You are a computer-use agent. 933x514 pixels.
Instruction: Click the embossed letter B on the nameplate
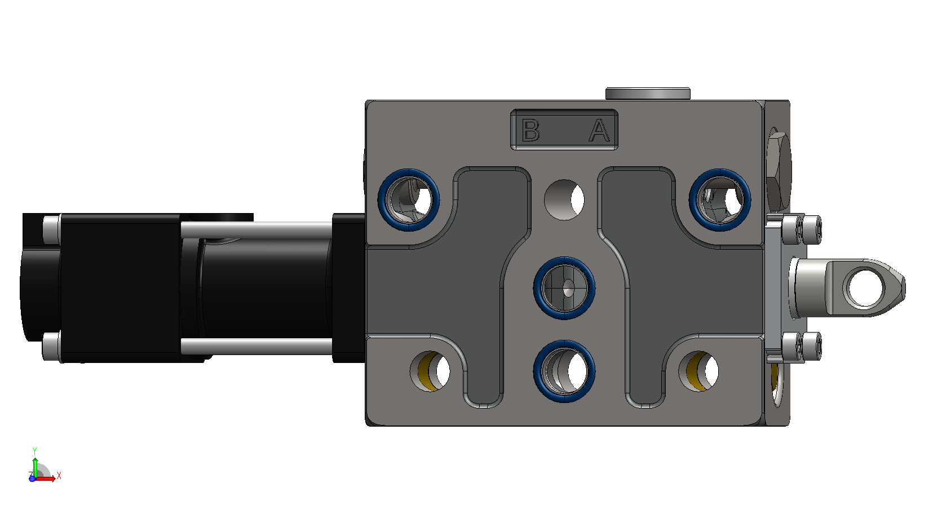530,130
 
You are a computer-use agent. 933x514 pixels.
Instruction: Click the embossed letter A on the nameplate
599,130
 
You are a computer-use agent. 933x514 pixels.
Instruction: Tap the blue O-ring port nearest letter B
409,200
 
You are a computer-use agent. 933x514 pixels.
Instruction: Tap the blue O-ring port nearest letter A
720,200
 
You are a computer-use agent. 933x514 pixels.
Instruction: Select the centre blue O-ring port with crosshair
564,288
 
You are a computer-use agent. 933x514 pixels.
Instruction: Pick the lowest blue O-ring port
564,371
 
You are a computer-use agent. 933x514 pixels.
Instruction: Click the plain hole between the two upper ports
564,200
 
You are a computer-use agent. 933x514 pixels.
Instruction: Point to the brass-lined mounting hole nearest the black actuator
430,371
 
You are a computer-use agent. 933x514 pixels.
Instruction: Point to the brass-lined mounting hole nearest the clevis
698,371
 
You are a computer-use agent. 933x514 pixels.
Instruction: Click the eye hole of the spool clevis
865,288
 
